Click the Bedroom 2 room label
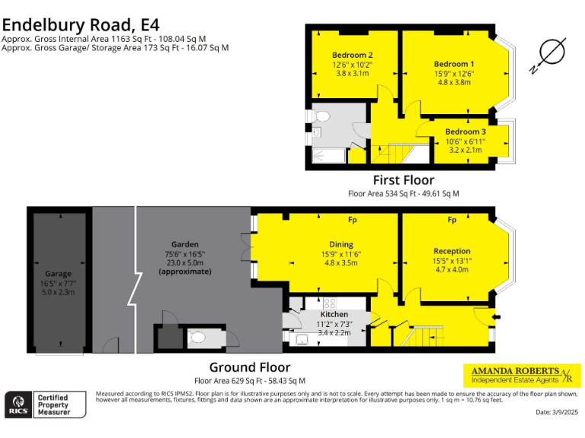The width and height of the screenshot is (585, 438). click(352, 55)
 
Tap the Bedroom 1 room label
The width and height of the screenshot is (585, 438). click(454, 64)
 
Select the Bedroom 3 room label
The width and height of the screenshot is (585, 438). click(465, 132)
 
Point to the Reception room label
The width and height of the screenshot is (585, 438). click(452, 251)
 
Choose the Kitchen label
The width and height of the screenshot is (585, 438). click(334, 314)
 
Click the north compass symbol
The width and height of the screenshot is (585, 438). click(549, 53)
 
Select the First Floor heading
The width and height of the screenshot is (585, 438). click(403, 180)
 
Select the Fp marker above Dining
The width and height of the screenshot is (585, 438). click(353, 221)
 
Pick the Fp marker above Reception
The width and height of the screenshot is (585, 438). click(452, 221)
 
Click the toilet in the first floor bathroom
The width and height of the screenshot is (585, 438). click(321, 117)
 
